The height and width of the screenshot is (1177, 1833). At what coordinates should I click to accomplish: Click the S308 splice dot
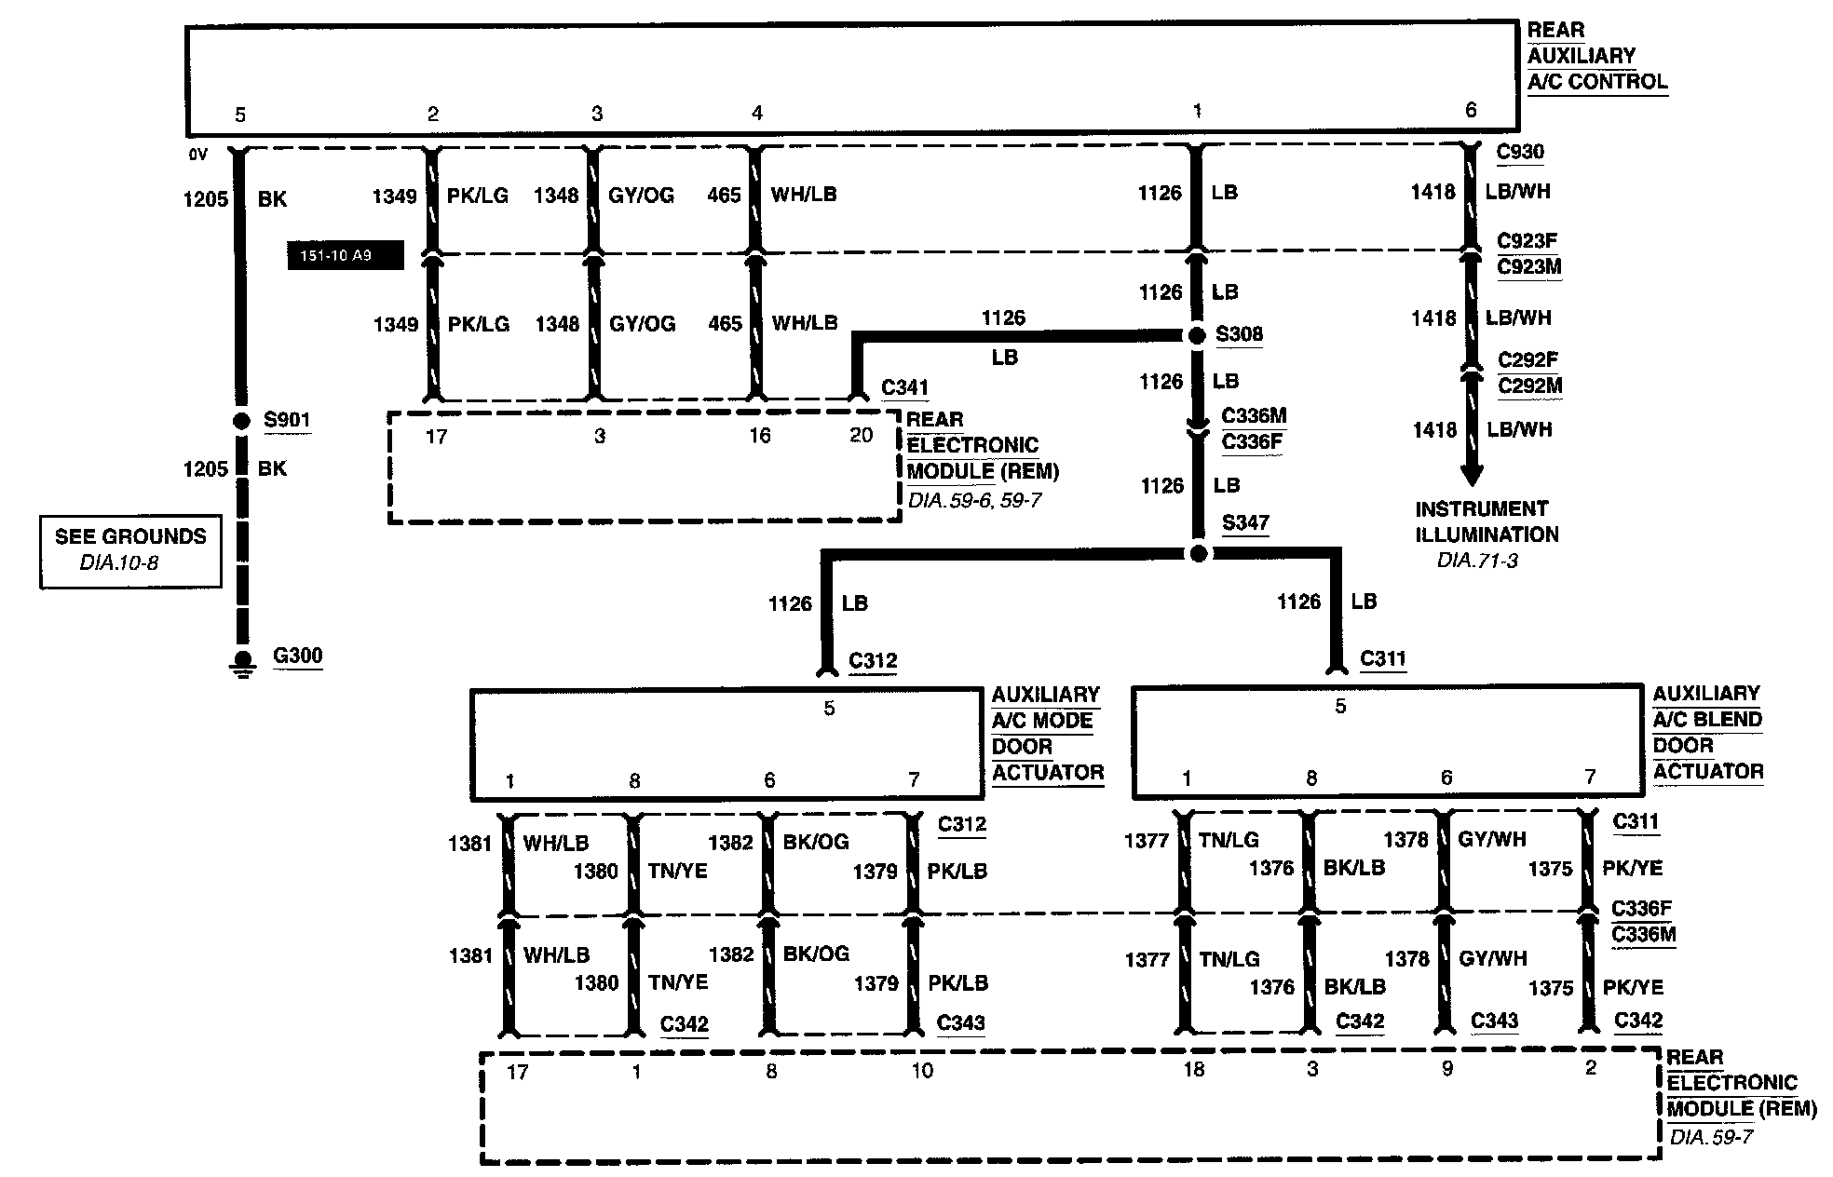pyautogui.click(x=1198, y=335)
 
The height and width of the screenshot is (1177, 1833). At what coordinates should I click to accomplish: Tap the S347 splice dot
pyautogui.click(x=1199, y=554)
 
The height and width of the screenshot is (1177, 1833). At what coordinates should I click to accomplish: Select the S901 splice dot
pyautogui.click(x=241, y=421)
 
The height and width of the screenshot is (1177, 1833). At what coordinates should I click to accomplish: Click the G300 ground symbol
pyautogui.click(x=243, y=662)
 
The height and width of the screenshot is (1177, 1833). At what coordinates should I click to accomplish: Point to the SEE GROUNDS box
pyautogui.click(x=130, y=550)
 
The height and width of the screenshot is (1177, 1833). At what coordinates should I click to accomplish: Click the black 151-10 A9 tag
pyautogui.click(x=345, y=255)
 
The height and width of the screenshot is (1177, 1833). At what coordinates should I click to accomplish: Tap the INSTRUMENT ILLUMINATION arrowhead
pyautogui.click(x=1472, y=476)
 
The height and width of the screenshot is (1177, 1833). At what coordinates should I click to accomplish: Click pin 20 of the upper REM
pyautogui.click(x=861, y=435)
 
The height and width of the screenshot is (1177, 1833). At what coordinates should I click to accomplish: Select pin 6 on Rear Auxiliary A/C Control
pyautogui.click(x=1471, y=110)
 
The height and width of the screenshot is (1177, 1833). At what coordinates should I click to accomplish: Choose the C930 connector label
pyautogui.click(x=1520, y=152)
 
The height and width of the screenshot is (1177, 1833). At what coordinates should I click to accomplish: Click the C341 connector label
pyautogui.click(x=904, y=387)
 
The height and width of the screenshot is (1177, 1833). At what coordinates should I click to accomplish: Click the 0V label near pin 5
pyautogui.click(x=197, y=155)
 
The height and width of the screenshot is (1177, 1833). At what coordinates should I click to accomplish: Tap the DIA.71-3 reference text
pyautogui.click(x=1477, y=561)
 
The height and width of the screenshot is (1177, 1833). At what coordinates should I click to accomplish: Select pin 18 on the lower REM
pyautogui.click(x=1193, y=1070)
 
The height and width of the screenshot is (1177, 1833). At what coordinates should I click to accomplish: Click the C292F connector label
pyautogui.click(x=1527, y=359)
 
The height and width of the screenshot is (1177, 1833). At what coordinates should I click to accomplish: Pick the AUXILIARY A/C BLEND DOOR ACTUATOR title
pyautogui.click(x=1707, y=732)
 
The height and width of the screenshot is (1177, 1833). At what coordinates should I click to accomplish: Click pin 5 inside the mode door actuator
pyautogui.click(x=829, y=709)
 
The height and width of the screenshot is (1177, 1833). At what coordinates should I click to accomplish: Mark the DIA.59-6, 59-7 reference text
pyautogui.click(x=974, y=501)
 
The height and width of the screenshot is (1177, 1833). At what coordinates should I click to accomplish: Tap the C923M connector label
pyautogui.click(x=1528, y=267)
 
